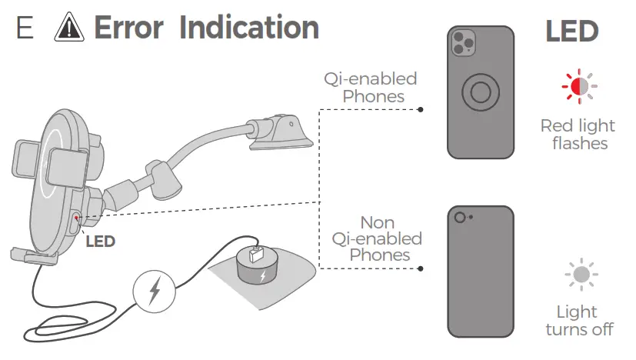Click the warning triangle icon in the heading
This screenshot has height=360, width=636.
tap(70, 28)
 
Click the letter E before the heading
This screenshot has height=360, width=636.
tap(25, 28)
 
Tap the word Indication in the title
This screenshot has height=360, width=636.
tap(249, 28)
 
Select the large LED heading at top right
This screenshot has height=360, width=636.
tap(571, 32)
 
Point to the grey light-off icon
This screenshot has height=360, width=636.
tap(581, 274)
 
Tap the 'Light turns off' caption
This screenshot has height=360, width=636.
tap(579, 320)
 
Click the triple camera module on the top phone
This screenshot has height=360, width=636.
tap(463, 43)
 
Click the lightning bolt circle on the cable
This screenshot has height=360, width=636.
tap(154, 292)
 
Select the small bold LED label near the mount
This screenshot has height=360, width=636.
tap(100, 242)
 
